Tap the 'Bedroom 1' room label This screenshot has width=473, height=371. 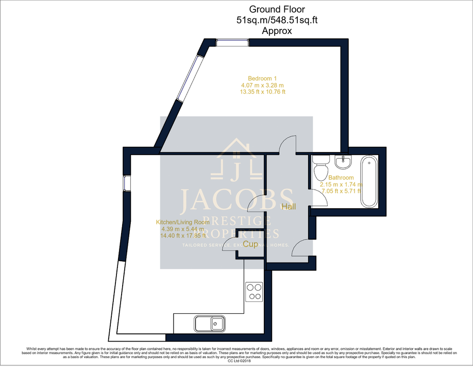click(x=262, y=78)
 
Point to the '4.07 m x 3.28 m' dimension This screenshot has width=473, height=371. click(x=262, y=85)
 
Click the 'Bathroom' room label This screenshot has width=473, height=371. click(x=341, y=178)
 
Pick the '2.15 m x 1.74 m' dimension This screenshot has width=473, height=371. click(x=341, y=184)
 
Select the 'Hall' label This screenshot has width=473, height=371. click(x=289, y=207)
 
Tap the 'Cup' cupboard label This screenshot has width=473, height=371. click(x=250, y=244)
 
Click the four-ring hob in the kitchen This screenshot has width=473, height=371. click(x=254, y=292)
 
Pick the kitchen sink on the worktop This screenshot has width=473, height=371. click(x=210, y=324)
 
